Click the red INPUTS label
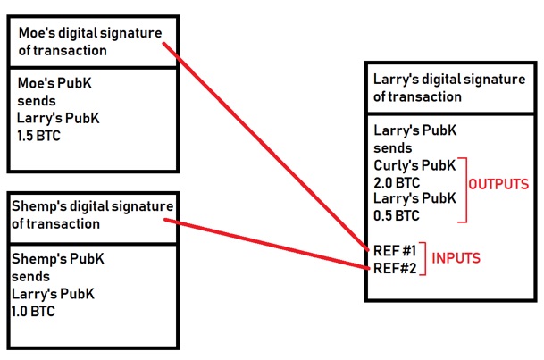tap(457, 258)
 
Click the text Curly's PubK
tap(415, 165)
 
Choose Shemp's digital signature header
tap(92, 215)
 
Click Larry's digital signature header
tap(443, 88)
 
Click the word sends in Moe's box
tap(35, 100)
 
